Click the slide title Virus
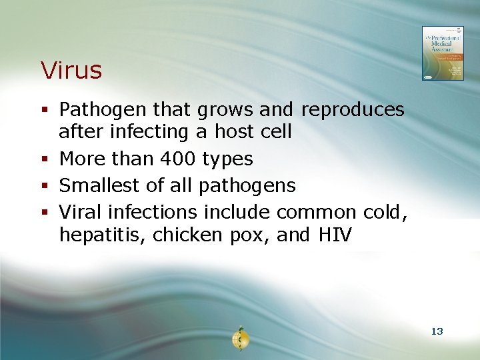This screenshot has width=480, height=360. click(71, 70)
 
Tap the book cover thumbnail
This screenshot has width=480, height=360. click(442, 53)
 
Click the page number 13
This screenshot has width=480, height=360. click(437, 331)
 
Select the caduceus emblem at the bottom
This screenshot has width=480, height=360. click(239, 339)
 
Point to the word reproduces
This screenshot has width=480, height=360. click(353, 109)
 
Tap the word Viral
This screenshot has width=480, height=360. click(81, 212)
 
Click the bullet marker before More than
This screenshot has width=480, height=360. click(45, 159)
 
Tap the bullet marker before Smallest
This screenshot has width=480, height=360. click(45, 186)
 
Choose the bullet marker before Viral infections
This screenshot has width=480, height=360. click(45, 213)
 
